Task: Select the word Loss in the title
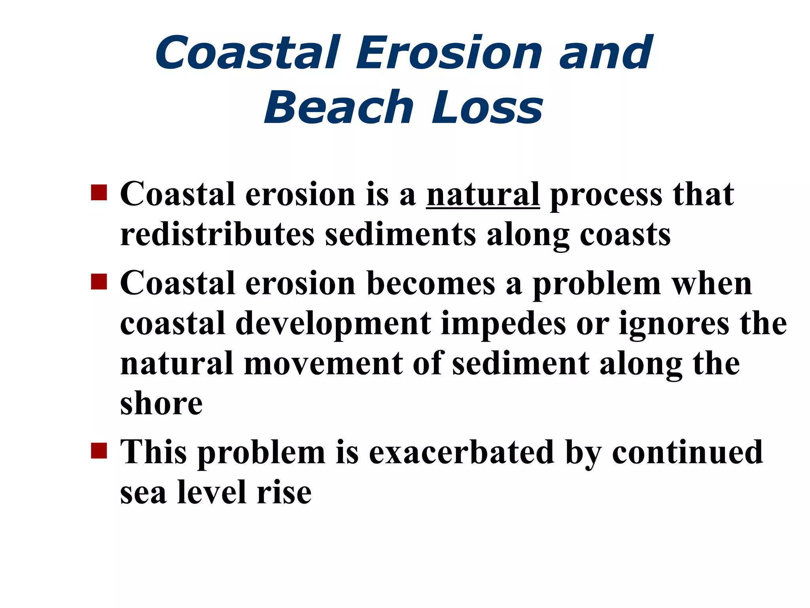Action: point(487,108)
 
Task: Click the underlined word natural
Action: point(483,195)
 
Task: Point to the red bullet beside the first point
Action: point(99,193)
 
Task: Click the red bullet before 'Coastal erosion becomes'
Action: point(99,282)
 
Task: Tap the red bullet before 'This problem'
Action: point(99,450)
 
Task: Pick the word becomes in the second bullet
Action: point(431,284)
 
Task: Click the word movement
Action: point(323,364)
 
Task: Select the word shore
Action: point(161,404)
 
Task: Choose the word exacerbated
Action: point(461,452)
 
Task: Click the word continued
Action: point(687,452)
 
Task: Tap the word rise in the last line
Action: point(284,493)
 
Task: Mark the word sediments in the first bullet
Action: point(400,235)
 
